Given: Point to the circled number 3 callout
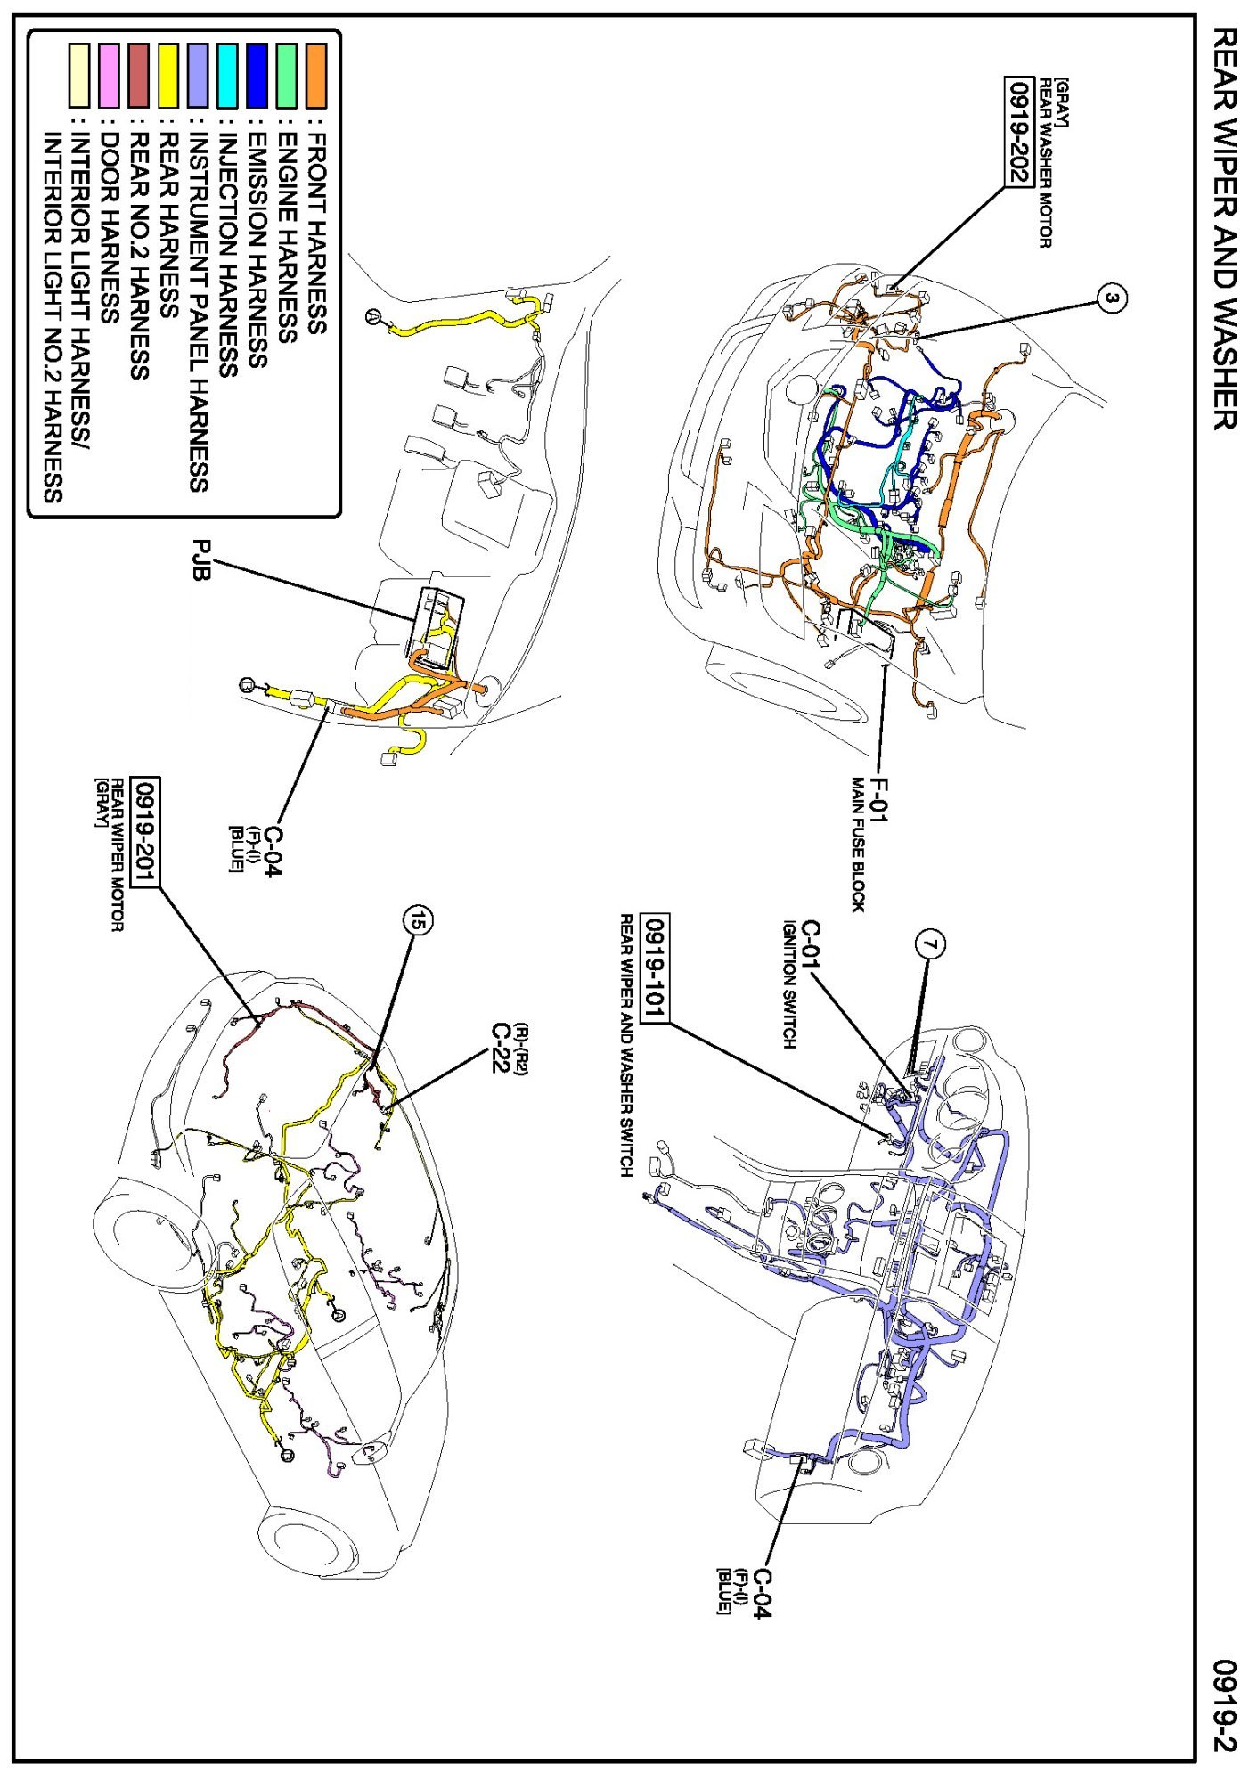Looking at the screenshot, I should click(x=1111, y=298).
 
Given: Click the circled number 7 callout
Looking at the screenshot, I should click(x=931, y=944).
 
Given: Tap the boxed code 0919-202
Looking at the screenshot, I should click(x=1017, y=132).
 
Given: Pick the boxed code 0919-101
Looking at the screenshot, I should click(x=656, y=969).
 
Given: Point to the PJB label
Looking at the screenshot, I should click(x=201, y=560).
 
